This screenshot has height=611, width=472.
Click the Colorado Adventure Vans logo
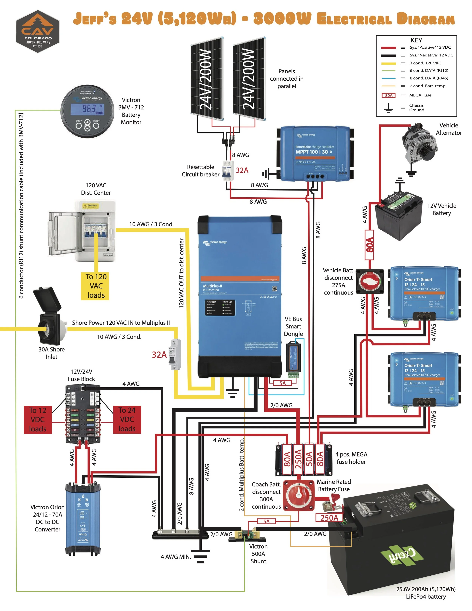pos(38,32)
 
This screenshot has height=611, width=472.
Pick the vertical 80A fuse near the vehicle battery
pos(369,245)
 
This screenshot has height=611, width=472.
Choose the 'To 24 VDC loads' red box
pos(127,420)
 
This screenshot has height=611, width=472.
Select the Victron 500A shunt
pos(247,535)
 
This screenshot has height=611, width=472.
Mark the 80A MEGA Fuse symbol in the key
pos(388,95)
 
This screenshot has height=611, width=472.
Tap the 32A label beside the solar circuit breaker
pos(242,170)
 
